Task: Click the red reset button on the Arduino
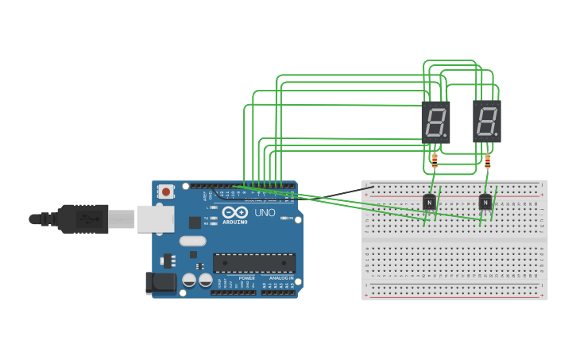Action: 166,191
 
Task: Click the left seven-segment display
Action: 435,122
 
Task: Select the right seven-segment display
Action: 487,122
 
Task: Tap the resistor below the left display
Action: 434,161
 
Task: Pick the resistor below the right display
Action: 487,162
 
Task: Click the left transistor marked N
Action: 429,203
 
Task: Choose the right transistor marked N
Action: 485,203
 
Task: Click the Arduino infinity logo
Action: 234,213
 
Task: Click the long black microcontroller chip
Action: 254,263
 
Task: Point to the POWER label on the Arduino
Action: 246,278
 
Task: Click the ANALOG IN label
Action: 280,278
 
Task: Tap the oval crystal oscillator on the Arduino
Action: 192,241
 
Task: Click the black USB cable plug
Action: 83,219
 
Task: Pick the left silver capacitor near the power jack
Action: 189,280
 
